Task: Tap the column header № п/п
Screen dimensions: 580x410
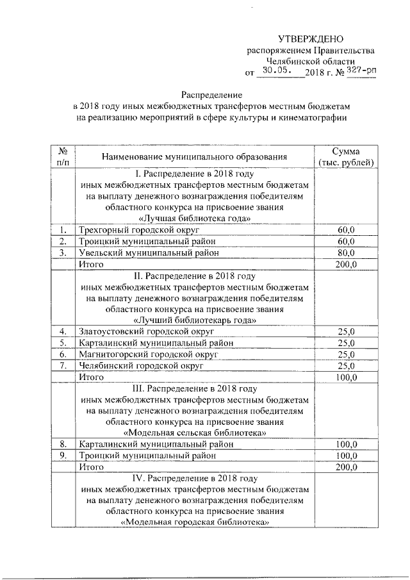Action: (63, 156)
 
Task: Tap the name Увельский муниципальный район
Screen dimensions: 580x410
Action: (148, 253)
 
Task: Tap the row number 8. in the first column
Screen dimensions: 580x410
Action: (63, 444)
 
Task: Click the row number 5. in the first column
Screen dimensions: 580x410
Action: (63, 343)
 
